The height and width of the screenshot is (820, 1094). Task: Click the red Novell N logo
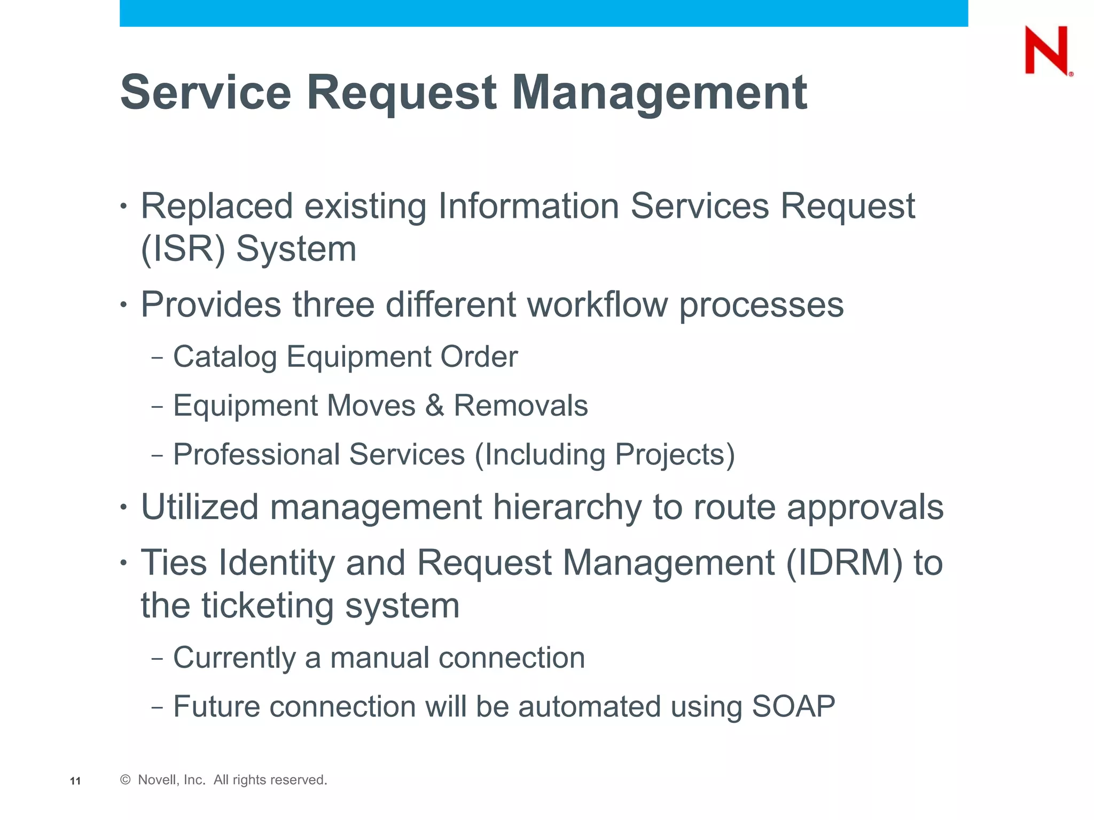(x=1047, y=50)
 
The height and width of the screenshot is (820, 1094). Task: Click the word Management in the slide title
(x=659, y=93)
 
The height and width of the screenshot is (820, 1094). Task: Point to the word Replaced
(x=217, y=206)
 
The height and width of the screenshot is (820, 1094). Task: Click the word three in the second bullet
(x=333, y=305)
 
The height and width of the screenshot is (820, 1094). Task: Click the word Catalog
(x=225, y=357)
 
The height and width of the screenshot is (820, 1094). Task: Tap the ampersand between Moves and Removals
(x=435, y=406)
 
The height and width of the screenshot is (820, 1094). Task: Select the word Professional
(x=256, y=455)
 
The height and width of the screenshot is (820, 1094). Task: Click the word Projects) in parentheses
(x=675, y=455)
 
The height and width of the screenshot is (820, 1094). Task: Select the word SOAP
(x=793, y=707)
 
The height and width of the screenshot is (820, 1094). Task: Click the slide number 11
(x=75, y=781)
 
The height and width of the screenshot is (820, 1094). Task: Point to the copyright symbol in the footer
(x=126, y=780)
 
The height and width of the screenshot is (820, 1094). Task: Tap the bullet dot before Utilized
(x=124, y=507)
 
